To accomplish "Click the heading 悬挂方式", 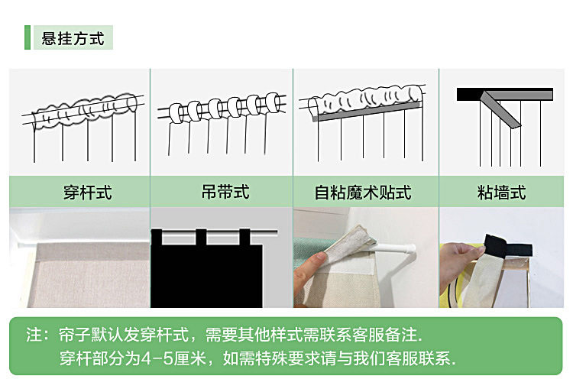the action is point(73,37).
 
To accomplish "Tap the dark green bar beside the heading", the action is point(27,37).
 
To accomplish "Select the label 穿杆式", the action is point(87,193).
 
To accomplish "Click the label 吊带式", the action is point(221,191).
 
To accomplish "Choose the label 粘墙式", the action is point(502,193).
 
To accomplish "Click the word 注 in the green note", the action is point(33,335).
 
